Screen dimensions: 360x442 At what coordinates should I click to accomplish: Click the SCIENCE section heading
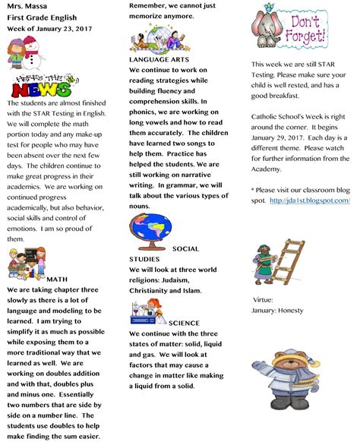pyautogui.click(x=184, y=323)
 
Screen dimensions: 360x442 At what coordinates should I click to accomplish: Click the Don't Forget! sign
pyautogui.click(x=307, y=31)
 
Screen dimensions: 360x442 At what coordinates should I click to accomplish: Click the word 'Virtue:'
pyautogui.click(x=263, y=300)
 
